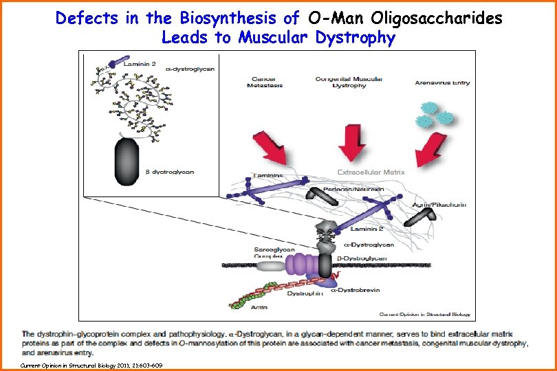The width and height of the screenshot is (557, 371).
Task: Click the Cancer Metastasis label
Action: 264,82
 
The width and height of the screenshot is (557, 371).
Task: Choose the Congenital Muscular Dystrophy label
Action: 349,82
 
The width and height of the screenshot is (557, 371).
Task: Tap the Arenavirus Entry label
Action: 443,82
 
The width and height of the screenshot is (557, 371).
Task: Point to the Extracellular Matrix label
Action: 371,172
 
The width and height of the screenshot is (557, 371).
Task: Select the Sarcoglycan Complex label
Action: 278,252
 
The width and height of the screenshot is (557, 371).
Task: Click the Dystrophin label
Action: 305,293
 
